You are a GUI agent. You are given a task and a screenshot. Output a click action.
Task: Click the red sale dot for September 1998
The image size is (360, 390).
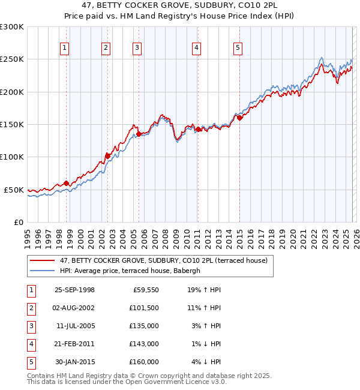(66, 184)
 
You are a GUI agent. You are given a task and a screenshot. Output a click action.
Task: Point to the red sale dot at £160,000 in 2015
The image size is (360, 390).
(239, 118)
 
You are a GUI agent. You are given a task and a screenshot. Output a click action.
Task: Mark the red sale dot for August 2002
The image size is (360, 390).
(107, 156)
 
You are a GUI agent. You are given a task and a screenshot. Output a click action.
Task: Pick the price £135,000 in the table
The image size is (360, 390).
(145, 327)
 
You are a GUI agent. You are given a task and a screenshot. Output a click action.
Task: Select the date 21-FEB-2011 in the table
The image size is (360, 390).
(74, 344)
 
